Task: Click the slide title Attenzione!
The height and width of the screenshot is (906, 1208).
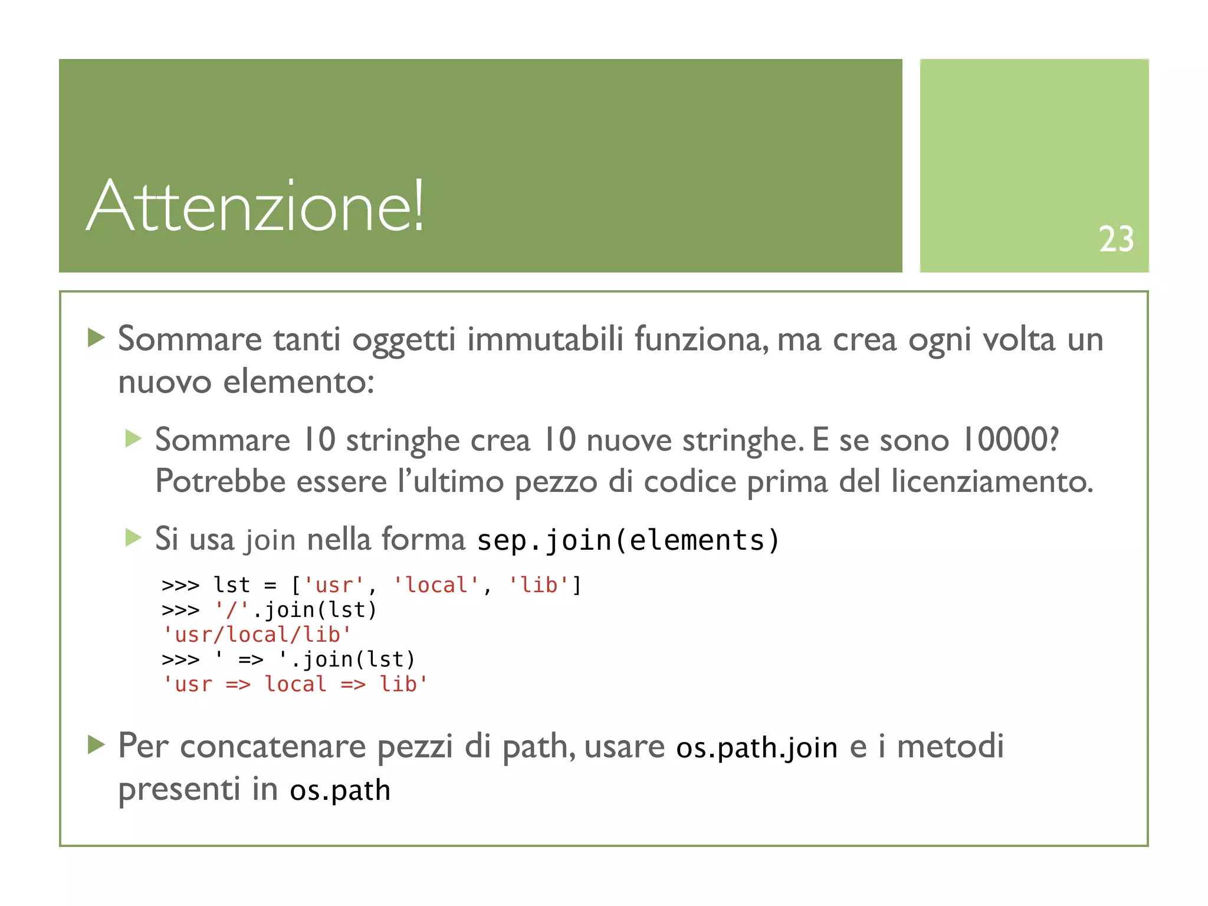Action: [x=255, y=206]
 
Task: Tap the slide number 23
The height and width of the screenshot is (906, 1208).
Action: [x=1115, y=239]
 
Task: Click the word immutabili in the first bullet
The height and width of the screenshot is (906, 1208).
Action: [x=545, y=340]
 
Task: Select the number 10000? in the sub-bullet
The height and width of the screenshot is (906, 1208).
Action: [x=1010, y=440]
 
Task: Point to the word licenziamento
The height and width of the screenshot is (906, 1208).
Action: [x=992, y=481]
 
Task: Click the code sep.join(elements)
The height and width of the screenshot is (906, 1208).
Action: [x=628, y=540]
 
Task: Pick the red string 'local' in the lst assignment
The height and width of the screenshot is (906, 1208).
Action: [x=436, y=585]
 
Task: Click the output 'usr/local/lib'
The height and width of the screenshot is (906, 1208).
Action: [x=257, y=635]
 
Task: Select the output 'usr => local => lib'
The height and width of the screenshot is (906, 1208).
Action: [x=295, y=684]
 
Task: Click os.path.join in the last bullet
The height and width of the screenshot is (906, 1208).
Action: [x=757, y=748]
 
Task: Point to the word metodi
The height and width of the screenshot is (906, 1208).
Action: [x=950, y=747]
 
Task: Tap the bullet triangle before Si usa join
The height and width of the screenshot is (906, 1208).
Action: [x=133, y=537]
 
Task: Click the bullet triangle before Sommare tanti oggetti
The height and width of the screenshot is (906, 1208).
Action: [x=96, y=338]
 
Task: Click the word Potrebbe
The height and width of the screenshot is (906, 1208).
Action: [x=219, y=481]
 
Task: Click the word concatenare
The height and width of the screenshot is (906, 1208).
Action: [x=273, y=747]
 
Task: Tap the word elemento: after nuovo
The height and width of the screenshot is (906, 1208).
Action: [x=298, y=382]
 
